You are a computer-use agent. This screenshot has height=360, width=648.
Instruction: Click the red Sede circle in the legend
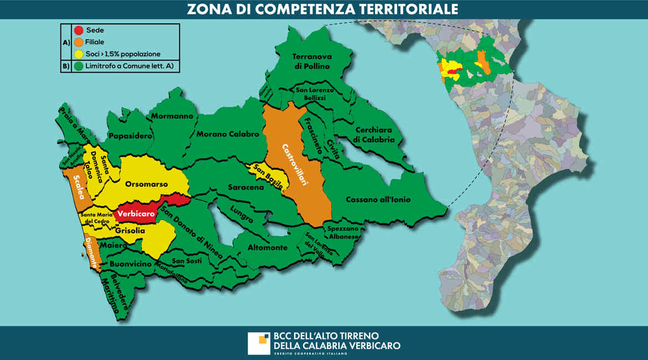click(80, 30)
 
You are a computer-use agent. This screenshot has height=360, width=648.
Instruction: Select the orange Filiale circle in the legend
click(80, 42)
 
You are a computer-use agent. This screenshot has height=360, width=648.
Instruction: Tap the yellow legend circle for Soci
click(80, 54)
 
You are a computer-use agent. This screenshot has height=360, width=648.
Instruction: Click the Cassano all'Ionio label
click(378, 199)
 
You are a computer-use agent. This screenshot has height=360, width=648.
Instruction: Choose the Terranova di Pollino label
click(311, 61)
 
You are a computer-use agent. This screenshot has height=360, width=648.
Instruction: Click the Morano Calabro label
click(227, 135)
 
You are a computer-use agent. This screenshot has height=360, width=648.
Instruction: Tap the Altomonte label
click(268, 248)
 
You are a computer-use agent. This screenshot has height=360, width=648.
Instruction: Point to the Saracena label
click(246, 188)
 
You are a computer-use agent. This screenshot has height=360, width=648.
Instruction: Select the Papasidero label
click(130, 136)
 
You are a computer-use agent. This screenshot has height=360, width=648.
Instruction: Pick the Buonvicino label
click(130, 264)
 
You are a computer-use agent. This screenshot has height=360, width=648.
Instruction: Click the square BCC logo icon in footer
click(259, 343)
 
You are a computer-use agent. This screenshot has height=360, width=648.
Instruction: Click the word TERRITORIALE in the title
click(388, 9)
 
